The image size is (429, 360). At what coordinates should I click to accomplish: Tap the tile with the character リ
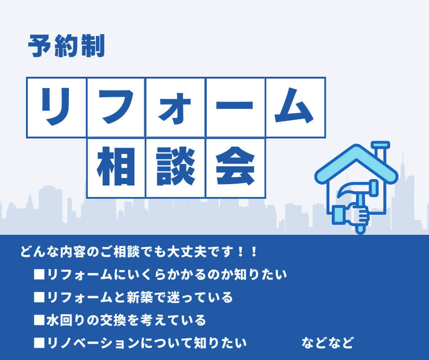57,107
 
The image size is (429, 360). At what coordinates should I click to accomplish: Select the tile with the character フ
116,107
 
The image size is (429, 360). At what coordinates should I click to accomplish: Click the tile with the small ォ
175,107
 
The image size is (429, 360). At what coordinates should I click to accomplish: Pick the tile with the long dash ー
235,107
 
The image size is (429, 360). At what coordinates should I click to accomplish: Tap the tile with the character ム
295,107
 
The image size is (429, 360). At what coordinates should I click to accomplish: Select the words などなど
327,342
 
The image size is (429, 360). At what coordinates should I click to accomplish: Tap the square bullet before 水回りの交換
39,320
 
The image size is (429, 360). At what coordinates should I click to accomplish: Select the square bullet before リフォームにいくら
39,275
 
